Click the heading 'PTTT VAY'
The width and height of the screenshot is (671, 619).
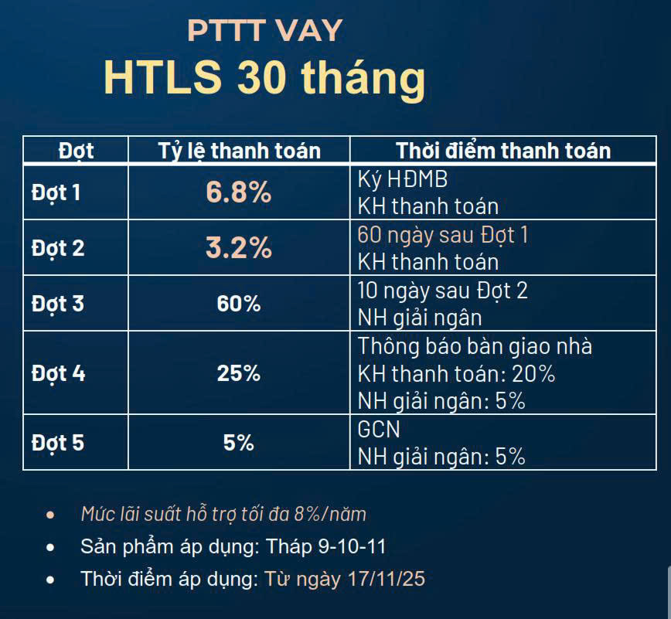(x=265, y=31)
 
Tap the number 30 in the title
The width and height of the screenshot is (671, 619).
(x=261, y=77)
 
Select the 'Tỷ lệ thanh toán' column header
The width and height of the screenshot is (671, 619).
(x=239, y=151)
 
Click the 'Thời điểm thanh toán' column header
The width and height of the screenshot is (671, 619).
(x=503, y=151)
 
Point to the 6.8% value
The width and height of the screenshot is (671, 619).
(x=239, y=192)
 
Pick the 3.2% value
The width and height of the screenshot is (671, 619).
(x=239, y=247)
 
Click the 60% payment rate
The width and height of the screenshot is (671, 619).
(x=239, y=304)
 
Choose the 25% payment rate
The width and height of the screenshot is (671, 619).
(x=239, y=373)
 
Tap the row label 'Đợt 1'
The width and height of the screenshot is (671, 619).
(x=56, y=193)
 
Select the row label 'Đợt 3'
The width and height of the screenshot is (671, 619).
(x=58, y=304)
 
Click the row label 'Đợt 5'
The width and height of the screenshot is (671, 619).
(x=58, y=443)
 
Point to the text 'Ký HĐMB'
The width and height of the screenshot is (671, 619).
(x=403, y=179)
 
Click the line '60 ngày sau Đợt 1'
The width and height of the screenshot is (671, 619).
(x=443, y=235)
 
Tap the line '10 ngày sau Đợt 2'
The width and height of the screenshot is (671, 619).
(x=442, y=291)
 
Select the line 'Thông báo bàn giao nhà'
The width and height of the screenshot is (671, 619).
(x=475, y=346)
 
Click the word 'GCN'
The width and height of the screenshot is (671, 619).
(x=379, y=430)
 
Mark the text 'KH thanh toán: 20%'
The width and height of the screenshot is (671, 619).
(x=456, y=374)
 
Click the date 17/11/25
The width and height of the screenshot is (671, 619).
(x=387, y=579)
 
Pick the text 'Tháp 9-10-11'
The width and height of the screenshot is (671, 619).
(x=325, y=546)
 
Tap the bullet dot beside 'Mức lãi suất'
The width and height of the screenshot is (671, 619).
(x=50, y=515)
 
